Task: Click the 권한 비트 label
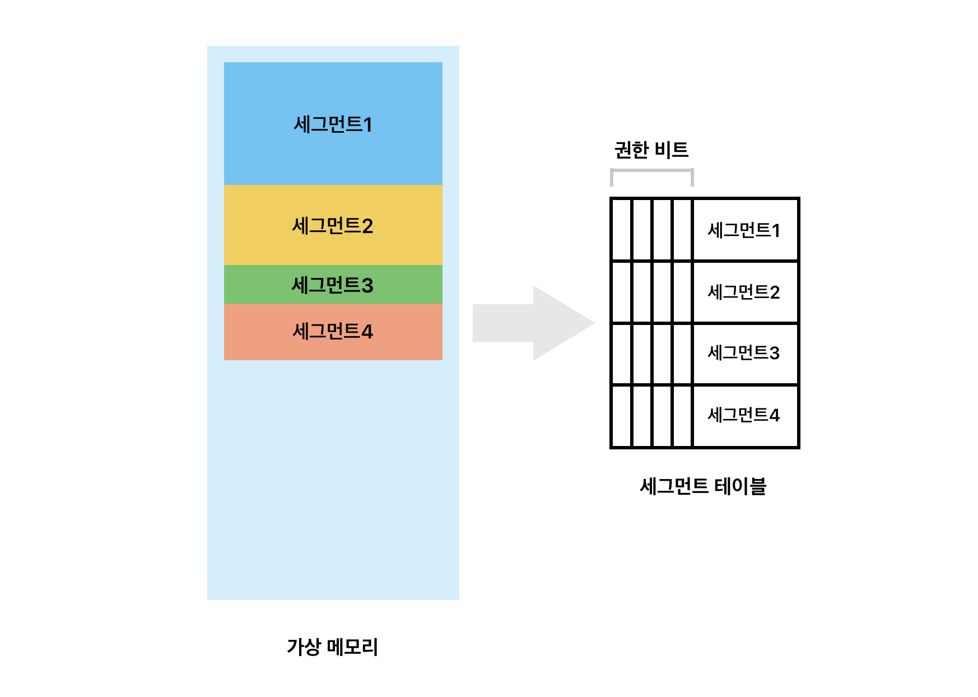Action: pyautogui.click(x=651, y=150)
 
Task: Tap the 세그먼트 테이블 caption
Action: pyautogui.click(x=702, y=486)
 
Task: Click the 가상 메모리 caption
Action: pyautogui.click(x=332, y=647)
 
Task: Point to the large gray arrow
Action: pyautogui.click(x=532, y=323)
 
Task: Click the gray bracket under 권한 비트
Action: pyautogui.click(x=652, y=171)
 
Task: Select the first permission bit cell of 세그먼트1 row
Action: pyautogui.click(x=622, y=230)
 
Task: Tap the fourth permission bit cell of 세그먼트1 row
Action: pyautogui.click(x=682, y=230)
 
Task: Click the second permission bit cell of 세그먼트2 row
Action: pyautogui.click(x=642, y=292)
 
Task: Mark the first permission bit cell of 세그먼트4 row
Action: pyautogui.click(x=622, y=415)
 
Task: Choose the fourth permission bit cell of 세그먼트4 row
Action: pyautogui.click(x=682, y=415)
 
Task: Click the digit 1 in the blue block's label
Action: pyautogui.click(x=367, y=124)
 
